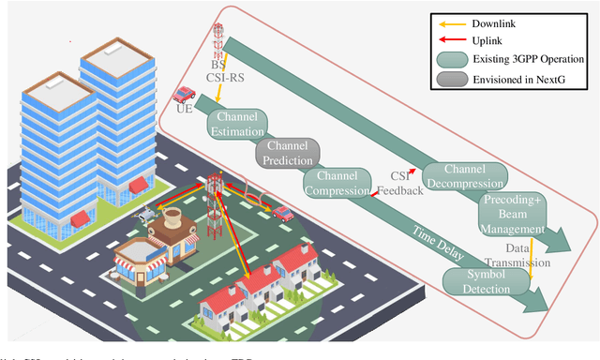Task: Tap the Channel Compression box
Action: click(338, 182)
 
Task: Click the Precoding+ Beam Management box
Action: click(512, 214)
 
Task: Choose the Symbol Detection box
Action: click(476, 279)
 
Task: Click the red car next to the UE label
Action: click(185, 93)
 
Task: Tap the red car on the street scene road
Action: click(281, 213)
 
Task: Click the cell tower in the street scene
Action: click(215, 202)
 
